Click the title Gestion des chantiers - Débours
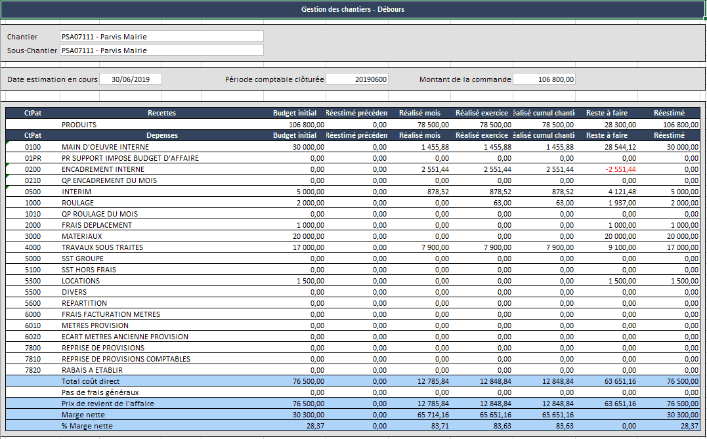coord(353,9)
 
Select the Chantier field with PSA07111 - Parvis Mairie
coord(161,37)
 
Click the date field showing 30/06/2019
coord(131,79)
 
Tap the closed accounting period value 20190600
coord(357,79)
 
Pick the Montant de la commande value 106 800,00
coord(544,79)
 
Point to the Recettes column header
coord(161,113)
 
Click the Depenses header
coord(161,135)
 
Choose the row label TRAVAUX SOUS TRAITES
coord(102,247)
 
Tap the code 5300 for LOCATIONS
coord(33,281)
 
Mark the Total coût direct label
coord(91,381)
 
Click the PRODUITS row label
coord(79,124)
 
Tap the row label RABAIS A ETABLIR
coord(92,370)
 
